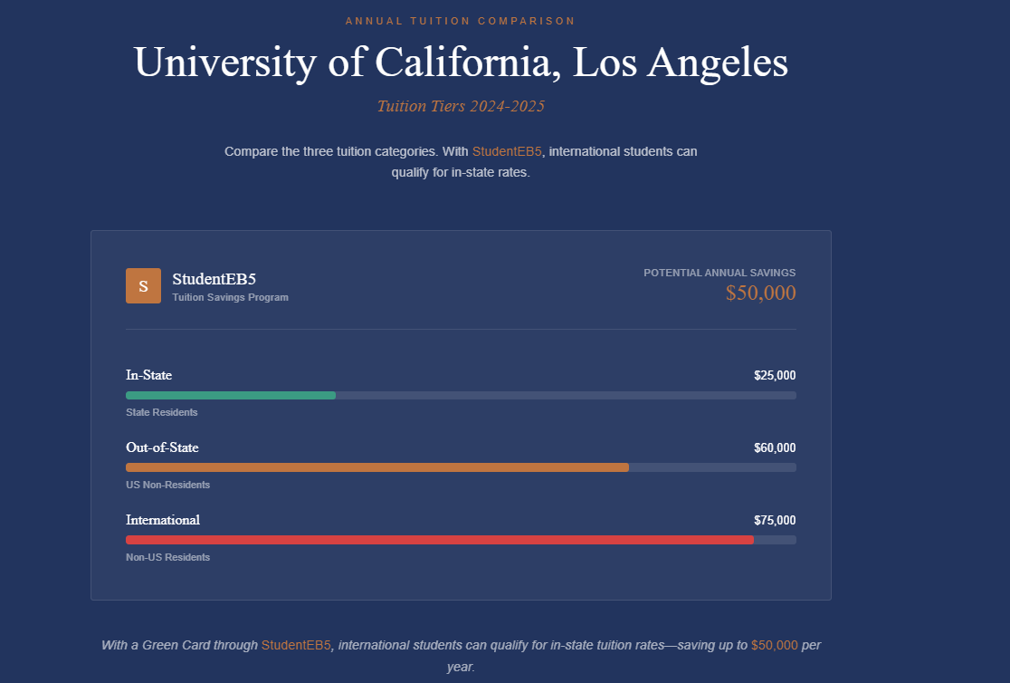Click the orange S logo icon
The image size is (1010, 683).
coord(143,285)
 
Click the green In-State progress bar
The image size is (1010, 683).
coord(231,395)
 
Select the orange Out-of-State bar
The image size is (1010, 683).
coord(376,467)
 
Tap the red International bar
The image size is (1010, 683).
coord(439,540)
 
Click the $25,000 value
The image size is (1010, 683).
coord(775,375)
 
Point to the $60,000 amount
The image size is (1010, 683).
coord(775,447)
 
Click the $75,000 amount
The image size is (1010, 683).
coord(775,520)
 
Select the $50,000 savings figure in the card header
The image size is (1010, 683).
coord(760,293)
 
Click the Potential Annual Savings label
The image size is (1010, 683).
coord(719,273)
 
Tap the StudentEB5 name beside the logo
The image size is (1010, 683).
coord(214,279)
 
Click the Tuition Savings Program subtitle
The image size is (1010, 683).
coord(230,297)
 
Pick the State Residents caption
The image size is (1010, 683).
coord(161,412)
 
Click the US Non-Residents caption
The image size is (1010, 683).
coord(167,485)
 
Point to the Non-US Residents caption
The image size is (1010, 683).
coord(167,557)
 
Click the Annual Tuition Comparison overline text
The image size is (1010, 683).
coord(460,20)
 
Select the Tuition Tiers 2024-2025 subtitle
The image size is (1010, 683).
coord(460,106)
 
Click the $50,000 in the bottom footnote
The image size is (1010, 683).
coord(774,645)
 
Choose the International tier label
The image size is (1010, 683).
coord(163,520)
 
